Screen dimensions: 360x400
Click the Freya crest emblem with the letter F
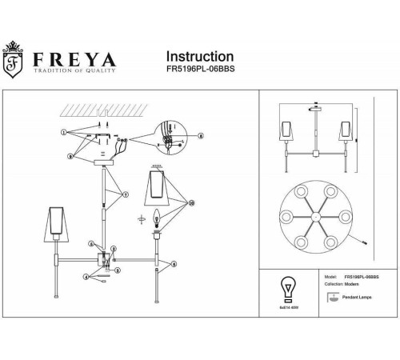[x=14, y=62]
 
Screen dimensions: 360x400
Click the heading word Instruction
[x=199, y=57]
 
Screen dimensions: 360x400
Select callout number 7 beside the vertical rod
[x=125, y=194]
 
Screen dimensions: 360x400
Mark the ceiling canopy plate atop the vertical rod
[x=103, y=162]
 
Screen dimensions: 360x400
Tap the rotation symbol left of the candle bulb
[x=142, y=218]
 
